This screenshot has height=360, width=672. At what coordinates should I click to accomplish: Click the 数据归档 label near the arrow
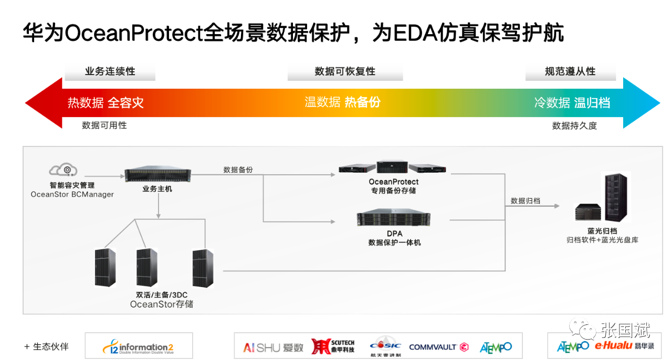pyautogui.click(x=526, y=201)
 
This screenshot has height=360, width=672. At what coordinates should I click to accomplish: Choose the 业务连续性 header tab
pyautogui.click(x=110, y=71)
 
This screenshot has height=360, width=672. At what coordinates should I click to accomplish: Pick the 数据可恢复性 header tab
pyautogui.click(x=345, y=71)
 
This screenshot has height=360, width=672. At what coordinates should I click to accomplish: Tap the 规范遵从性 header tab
pyautogui.click(x=570, y=71)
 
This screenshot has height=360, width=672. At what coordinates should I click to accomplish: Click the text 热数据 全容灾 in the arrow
pyautogui.click(x=106, y=102)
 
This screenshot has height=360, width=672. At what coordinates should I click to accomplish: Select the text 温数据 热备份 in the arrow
pyautogui.click(x=342, y=102)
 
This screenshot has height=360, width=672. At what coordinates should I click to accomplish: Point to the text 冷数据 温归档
pyautogui.click(x=572, y=102)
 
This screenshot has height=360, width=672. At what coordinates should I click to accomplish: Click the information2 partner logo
pyautogui.click(x=139, y=347)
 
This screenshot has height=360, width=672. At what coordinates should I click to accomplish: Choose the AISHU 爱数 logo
pyautogui.click(x=273, y=347)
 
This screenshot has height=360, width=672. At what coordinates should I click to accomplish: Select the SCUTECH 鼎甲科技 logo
pyautogui.click(x=333, y=346)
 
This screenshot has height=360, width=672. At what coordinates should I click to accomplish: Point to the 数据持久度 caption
pyautogui.click(x=574, y=126)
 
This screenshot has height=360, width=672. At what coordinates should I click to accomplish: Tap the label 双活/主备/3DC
pyautogui.click(x=161, y=295)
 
